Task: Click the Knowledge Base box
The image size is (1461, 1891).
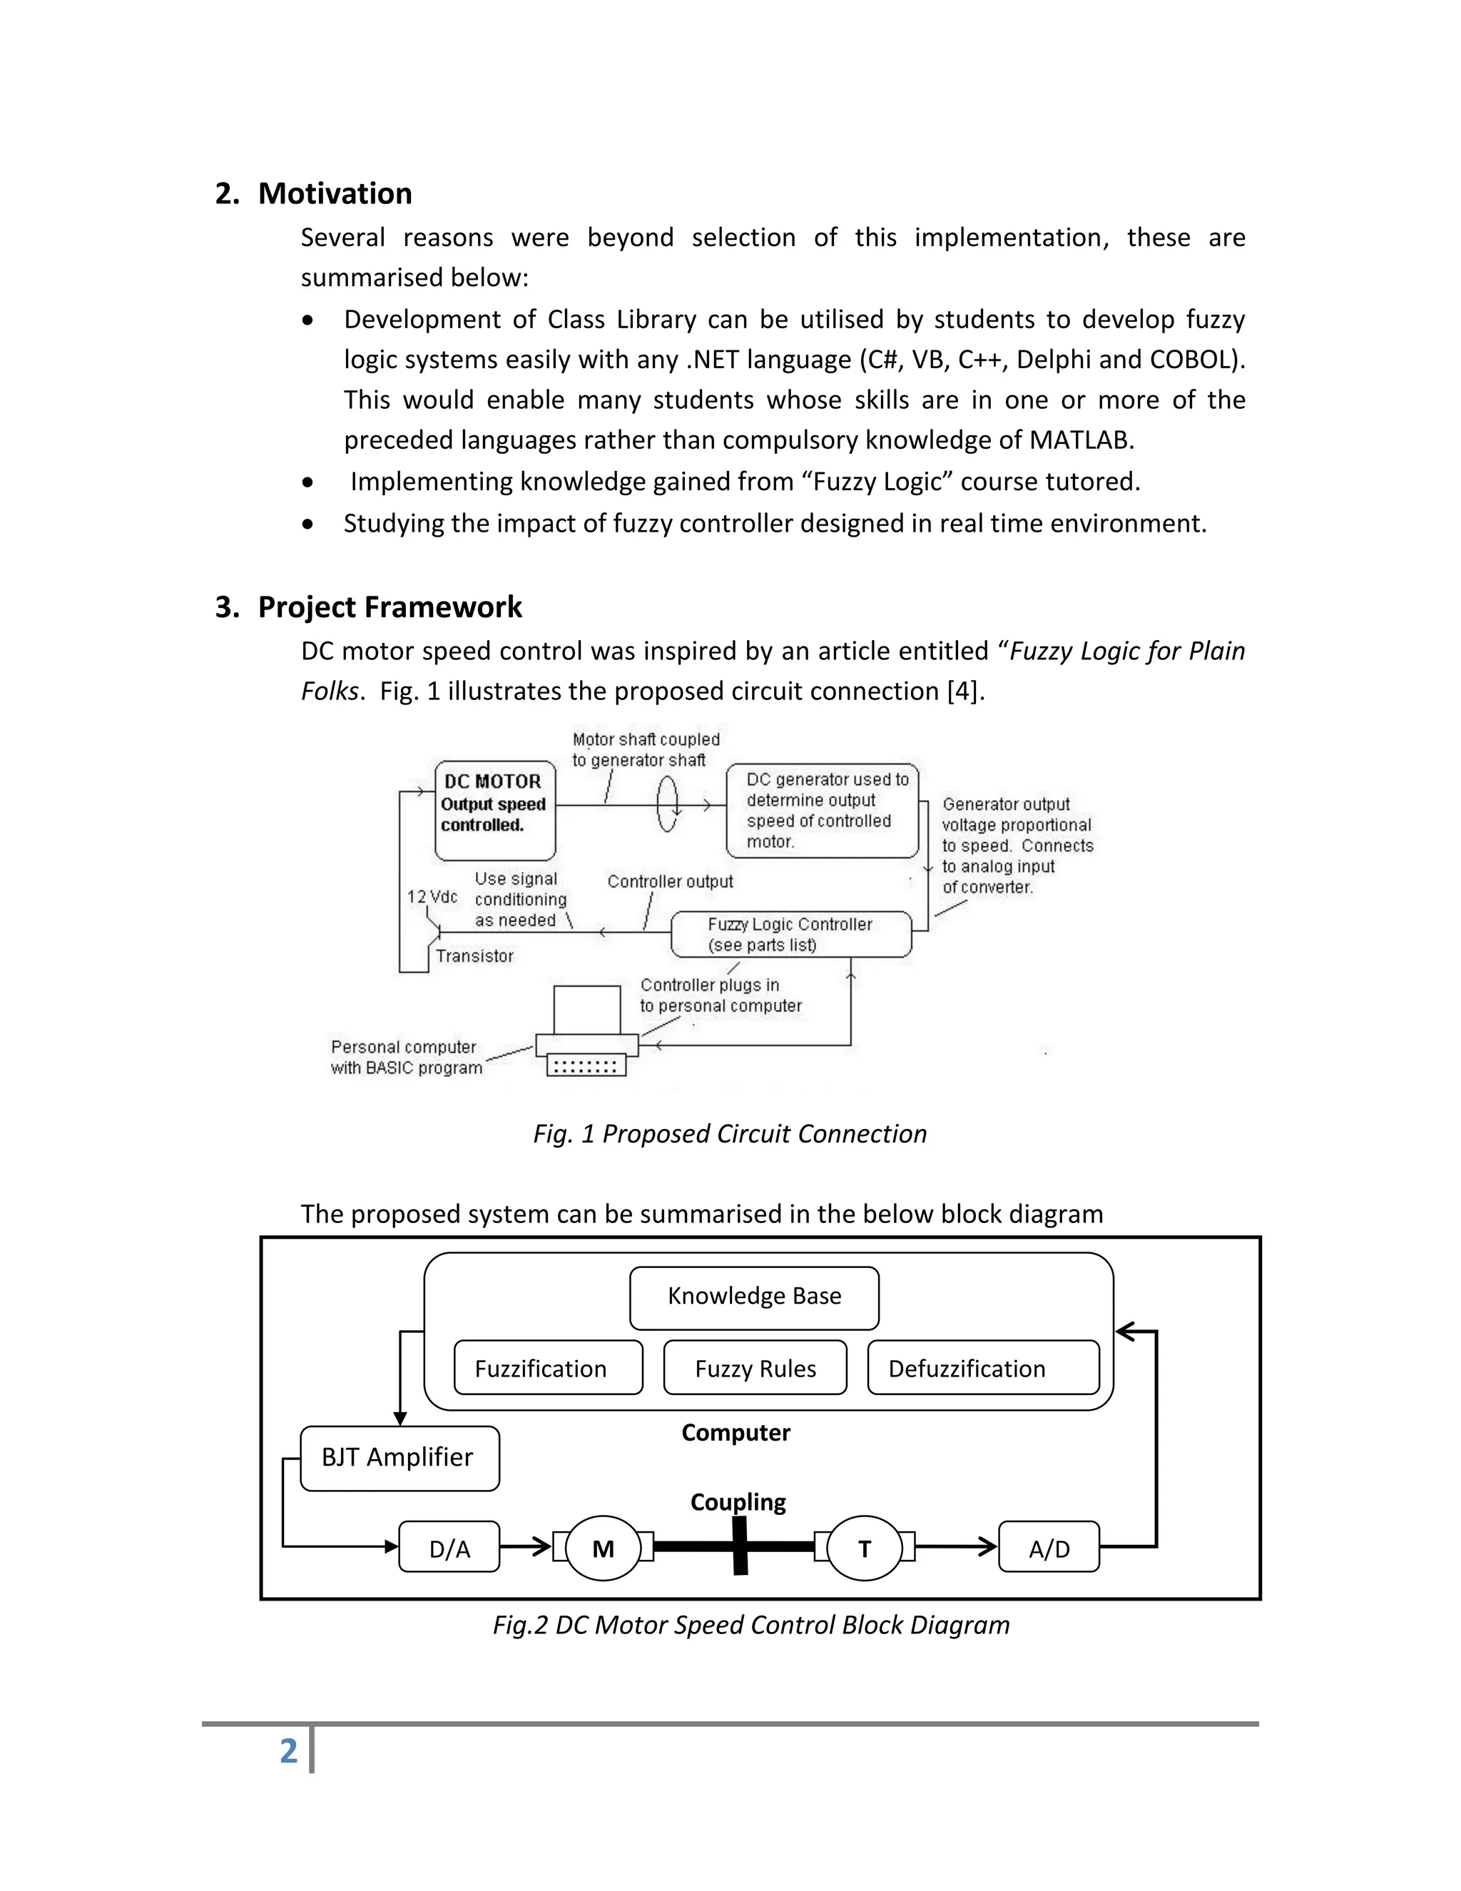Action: point(754,1296)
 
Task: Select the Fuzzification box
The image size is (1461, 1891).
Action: point(548,1368)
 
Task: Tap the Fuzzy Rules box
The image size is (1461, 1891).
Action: point(755,1368)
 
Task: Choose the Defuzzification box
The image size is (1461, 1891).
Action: point(982,1368)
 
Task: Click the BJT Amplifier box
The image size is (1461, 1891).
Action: point(399,1458)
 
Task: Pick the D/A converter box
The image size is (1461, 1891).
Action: point(449,1549)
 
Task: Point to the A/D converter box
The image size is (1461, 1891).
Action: point(1048,1549)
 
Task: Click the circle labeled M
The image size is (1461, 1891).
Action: point(604,1549)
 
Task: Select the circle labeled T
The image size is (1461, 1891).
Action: point(864,1549)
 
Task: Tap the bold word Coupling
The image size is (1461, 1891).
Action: point(738,1501)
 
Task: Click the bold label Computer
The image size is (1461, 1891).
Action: point(735,1432)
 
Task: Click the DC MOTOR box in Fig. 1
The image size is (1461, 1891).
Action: point(495,811)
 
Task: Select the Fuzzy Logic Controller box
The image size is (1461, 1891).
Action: point(791,934)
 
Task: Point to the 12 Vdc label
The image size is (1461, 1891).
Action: point(432,897)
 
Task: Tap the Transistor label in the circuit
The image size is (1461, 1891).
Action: point(474,956)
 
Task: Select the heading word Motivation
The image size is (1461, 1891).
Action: point(335,193)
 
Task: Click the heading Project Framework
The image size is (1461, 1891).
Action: point(390,607)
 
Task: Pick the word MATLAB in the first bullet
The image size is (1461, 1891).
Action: point(1080,440)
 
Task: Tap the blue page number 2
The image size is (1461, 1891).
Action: point(288,1750)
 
